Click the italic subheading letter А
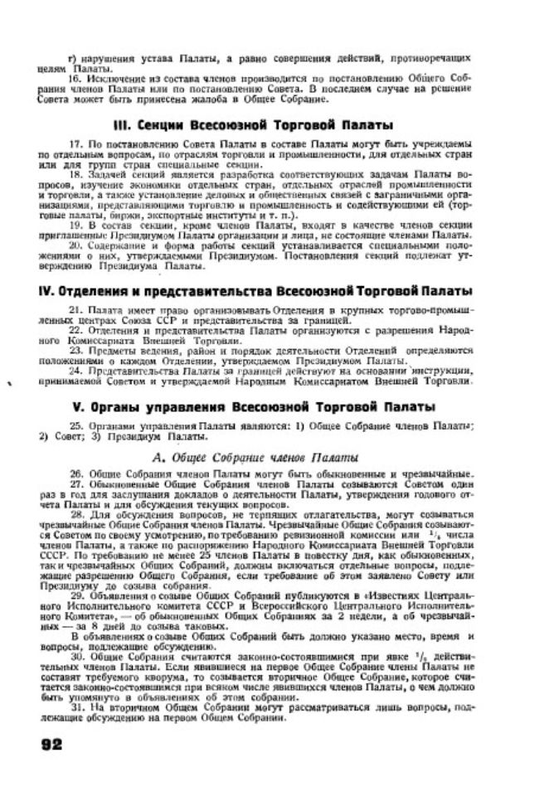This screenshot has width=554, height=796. (158, 457)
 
